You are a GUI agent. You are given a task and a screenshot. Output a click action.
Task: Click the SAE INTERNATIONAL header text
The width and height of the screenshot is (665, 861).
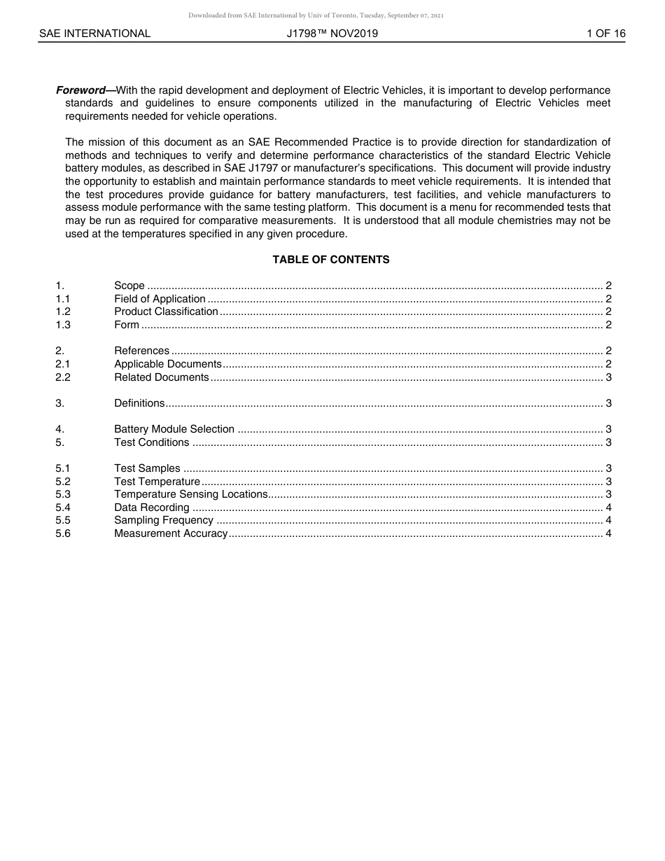pos(94,34)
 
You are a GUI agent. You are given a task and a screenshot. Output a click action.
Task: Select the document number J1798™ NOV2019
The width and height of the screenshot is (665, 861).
pos(332,34)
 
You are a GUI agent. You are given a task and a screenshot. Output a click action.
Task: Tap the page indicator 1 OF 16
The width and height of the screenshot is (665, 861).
pos(606,34)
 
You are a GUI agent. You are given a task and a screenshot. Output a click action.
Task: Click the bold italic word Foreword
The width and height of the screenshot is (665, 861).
pos(80,90)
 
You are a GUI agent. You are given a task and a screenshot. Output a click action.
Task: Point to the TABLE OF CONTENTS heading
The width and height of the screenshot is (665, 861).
pos(331,260)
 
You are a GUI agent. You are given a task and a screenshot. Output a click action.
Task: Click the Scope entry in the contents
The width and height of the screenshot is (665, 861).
pos(129,286)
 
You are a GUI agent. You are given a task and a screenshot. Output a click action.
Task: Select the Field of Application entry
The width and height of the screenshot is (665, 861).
pos(160,299)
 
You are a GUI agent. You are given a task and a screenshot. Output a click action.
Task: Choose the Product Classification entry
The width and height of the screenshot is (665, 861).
pos(166,311)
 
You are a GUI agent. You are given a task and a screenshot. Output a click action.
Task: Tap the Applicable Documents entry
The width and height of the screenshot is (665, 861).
pos(168,364)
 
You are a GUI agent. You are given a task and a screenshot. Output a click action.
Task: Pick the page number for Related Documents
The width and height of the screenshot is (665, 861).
pos(608,377)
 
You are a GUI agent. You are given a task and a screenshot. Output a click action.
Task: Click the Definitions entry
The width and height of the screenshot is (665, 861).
pos(139,403)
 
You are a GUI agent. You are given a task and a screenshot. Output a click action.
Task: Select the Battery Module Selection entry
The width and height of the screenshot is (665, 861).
pos(174,429)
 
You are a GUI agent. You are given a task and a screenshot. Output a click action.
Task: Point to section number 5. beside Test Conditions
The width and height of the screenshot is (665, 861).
pos(60,442)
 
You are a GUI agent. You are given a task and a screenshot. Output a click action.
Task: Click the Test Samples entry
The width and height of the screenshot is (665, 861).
pos(147,468)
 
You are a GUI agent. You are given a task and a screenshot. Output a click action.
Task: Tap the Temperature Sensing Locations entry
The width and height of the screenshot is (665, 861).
pos(190,494)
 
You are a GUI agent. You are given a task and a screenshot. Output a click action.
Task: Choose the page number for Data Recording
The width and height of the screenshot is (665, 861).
pos(608,507)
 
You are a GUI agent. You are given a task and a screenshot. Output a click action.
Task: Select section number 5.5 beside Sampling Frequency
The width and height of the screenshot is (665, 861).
pos(63,520)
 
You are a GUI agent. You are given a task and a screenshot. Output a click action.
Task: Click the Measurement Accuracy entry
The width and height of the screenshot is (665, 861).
pos(171,533)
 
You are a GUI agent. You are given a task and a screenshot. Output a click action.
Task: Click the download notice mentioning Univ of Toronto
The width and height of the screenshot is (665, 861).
pos(316,15)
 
